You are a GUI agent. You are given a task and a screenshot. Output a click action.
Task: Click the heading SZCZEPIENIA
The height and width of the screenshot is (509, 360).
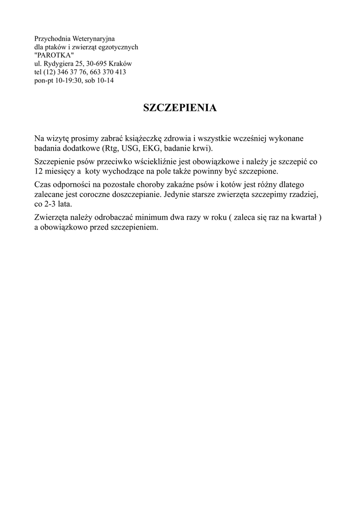[180, 108]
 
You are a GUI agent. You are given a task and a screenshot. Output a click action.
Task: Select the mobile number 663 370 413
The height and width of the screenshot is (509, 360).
[107, 72]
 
